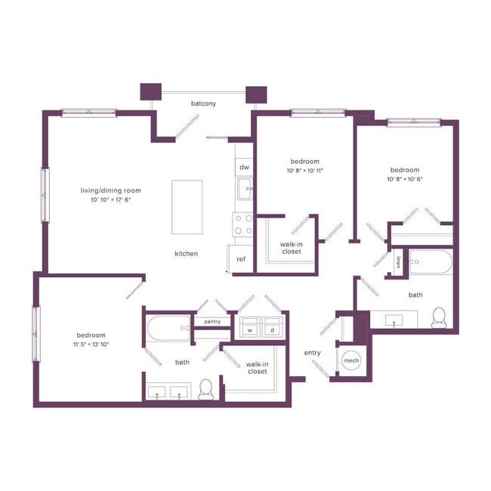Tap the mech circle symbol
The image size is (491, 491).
click(x=351, y=361)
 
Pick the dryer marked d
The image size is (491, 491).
click(x=271, y=329)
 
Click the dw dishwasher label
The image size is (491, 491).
click(x=244, y=167)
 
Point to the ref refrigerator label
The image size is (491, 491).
click(x=241, y=259)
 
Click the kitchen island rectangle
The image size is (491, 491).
click(x=187, y=207)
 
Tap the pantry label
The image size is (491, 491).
click(x=212, y=322)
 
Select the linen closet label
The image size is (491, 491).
click(x=398, y=263)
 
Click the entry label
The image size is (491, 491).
click(x=313, y=353)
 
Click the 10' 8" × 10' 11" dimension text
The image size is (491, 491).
click(x=305, y=171)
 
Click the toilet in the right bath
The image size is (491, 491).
click(x=439, y=318)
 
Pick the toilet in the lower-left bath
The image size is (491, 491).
click(x=205, y=390)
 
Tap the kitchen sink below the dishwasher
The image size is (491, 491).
click(x=244, y=189)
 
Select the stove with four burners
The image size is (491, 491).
click(x=242, y=224)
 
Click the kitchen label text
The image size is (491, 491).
click(x=186, y=254)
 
